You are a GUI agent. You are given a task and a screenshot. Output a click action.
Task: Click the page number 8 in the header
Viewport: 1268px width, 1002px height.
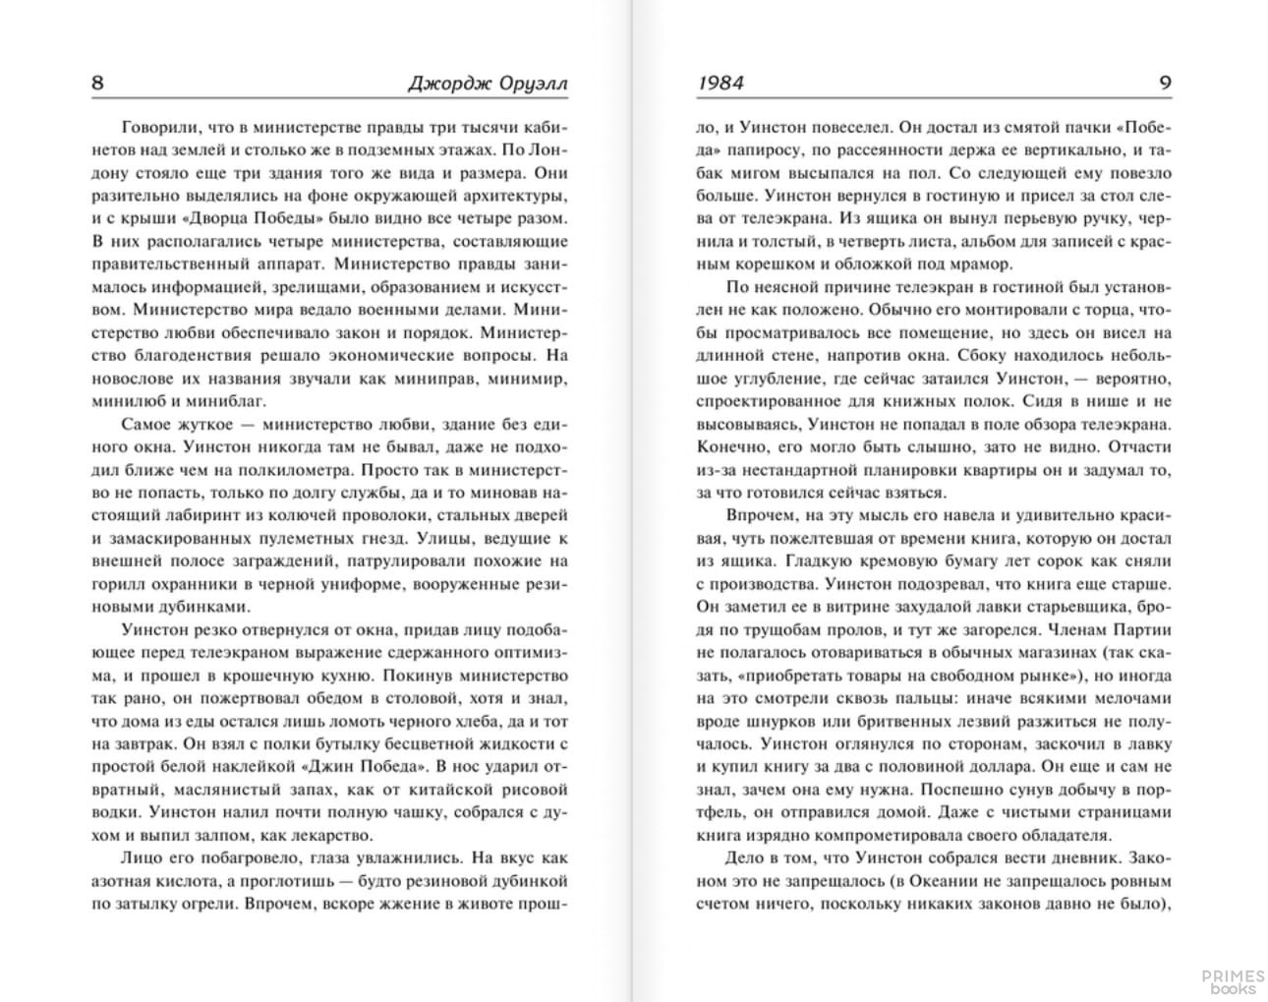point(97,83)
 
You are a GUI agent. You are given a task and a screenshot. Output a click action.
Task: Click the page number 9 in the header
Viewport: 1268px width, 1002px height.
point(1166,83)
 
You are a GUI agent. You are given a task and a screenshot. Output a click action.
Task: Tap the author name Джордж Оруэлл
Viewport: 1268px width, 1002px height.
point(488,84)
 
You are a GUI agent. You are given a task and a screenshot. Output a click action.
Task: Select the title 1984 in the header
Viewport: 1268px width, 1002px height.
point(720,83)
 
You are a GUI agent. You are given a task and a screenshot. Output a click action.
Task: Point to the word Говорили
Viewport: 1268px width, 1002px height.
point(161,128)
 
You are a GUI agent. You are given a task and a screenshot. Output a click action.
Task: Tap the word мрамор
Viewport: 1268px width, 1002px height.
point(982,264)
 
